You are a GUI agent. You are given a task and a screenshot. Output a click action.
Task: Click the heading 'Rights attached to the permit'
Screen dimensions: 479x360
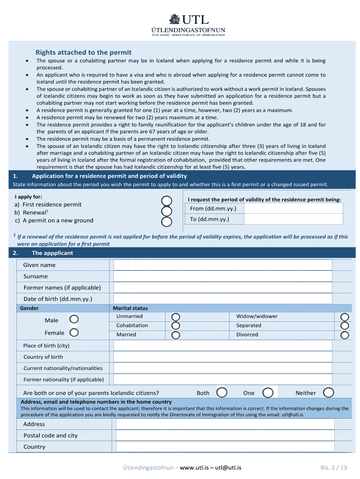click(84, 52)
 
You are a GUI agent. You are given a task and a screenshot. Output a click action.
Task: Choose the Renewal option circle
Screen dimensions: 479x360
click(166, 211)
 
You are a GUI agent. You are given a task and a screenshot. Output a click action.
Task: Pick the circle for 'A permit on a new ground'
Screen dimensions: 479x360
click(166, 221)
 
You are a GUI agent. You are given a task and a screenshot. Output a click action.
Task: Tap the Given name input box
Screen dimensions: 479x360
click(223, 265)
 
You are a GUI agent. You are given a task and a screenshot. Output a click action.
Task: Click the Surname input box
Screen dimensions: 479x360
click(223, 276)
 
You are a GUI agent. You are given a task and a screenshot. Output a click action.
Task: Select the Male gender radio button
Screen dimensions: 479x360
click(74, 319)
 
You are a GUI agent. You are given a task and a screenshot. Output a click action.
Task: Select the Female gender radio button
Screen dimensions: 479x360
click(74, 333)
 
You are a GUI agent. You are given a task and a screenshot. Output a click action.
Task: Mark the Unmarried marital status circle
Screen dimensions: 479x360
click(176, 317)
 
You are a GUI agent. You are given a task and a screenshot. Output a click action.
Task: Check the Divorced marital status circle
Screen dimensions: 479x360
click(345, 335)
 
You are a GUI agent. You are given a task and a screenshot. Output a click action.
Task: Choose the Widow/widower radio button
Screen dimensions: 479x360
click(345, 317)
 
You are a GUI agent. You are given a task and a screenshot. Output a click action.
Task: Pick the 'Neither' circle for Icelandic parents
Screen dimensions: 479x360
click(329, 392)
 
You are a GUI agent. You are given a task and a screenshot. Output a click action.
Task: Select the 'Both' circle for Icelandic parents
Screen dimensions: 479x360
click(223, 392)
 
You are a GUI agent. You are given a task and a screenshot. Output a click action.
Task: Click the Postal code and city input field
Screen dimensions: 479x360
click(225, 435)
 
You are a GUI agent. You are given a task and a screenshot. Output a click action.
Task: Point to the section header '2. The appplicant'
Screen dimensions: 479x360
click(52, 253)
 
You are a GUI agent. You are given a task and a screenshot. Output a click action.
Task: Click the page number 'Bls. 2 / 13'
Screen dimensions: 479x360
click(334, 467)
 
